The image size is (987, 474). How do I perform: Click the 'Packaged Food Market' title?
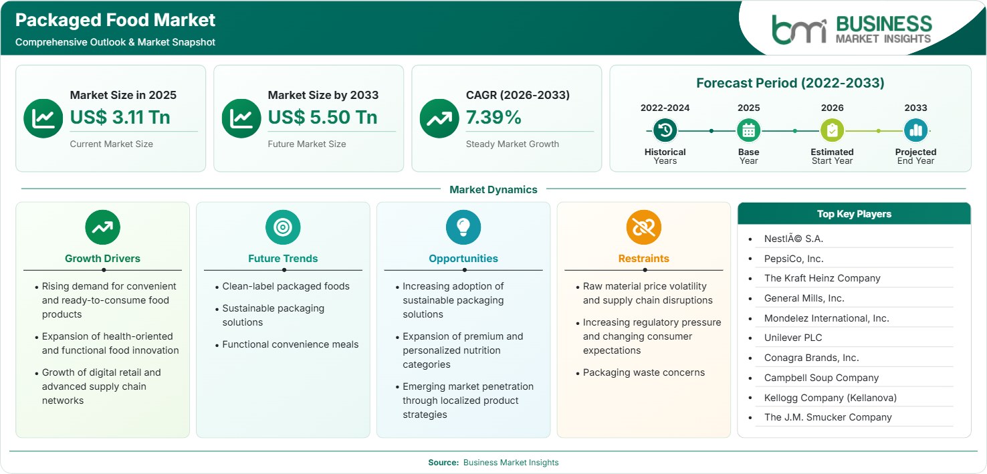click(x=115, y=20)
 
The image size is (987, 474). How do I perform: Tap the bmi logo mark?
click(x=799, y=29)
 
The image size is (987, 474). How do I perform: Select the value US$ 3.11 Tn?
click(x=120, y=117)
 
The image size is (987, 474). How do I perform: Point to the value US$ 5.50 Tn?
click(x=322, y=117)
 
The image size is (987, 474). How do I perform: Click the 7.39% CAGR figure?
click(x=493, y=117)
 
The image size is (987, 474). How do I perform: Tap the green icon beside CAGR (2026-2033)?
click(x=439, y=118)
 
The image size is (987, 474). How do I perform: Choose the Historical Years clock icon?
click(x=665, y=130)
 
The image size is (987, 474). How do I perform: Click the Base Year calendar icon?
click(x=749, y=130)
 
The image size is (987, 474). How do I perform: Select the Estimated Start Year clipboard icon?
click(x=832, y=130)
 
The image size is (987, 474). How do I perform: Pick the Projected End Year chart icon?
click(x=915, y=130)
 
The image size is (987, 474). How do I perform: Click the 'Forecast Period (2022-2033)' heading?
click(x=790, y=83)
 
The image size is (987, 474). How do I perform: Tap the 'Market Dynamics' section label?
click(x=493, y=189)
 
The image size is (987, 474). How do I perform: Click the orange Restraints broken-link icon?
click(x=644, y=227)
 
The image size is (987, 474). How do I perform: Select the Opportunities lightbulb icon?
click(x=463, y=227)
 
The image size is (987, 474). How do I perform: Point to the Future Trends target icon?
click(x=283, y=227)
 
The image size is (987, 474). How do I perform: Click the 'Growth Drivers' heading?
click(x=102, y=259)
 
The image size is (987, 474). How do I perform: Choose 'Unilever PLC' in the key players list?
click(x=793, y=338)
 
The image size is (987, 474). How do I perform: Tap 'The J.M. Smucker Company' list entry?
click(x=828, y=417)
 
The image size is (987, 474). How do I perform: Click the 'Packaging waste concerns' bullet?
click(x=644, y=372)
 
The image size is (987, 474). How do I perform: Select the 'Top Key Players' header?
click(x=854, y=214)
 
